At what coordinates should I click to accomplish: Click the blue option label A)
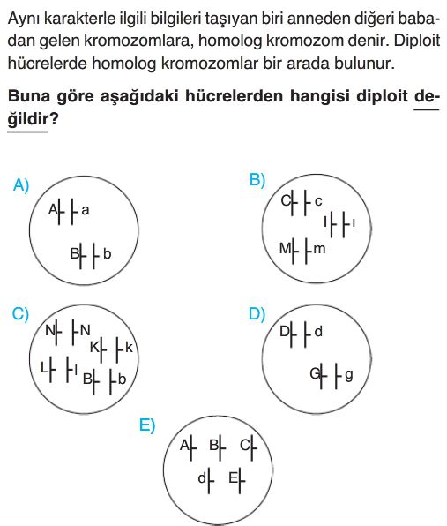tap(21, 184)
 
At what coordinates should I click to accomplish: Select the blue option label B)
tap(257, 180)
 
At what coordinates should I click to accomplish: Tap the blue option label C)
tap(20, 314)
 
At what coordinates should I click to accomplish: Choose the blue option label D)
tap(257, 314)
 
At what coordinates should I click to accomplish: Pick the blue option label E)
tap(147, 425)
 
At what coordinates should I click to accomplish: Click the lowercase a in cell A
tap(86, 210)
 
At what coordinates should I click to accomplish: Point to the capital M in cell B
tap(286, 249)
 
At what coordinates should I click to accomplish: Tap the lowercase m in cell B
tap(319, 249)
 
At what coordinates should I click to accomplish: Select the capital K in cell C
tap(95, 348)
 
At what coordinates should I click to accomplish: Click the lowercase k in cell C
tap(130, 348)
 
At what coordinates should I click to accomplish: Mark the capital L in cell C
tap(45, 368)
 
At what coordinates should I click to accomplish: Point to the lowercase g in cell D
tap(349, 375)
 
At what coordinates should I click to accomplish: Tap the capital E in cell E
tap(233, 477)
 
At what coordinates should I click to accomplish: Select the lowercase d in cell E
tap(202, 477)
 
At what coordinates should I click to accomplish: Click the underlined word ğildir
tap(28, 118)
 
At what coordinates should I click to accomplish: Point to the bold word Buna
tap(28, 96)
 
